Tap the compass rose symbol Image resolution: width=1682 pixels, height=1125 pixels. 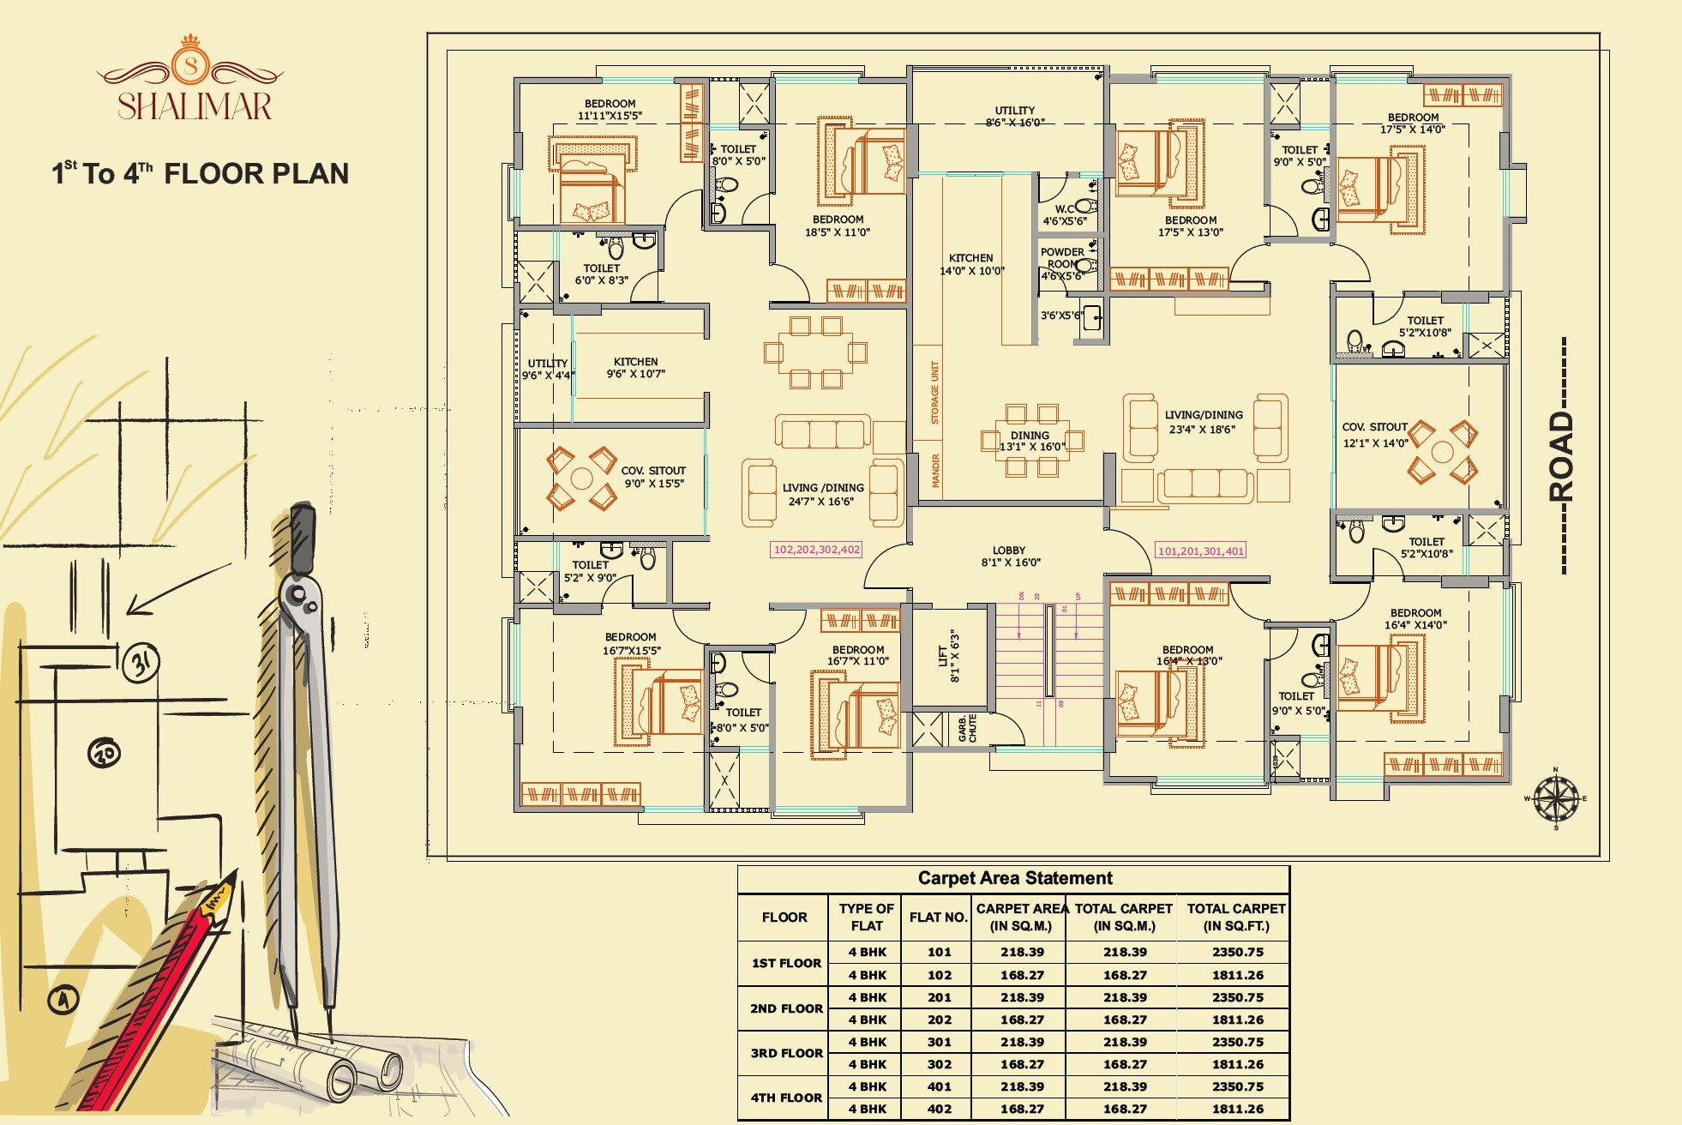[1555, 798]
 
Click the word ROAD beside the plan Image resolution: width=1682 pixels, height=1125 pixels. [1562, 455]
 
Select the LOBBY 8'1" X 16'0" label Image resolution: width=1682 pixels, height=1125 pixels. [1010, 556]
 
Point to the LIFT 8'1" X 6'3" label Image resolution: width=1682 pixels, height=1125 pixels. [948, 657]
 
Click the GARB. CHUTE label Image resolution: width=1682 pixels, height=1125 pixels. [968, 729]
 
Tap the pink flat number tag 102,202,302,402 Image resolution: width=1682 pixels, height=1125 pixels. [816, 550]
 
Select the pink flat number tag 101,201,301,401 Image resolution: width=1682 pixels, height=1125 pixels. [1200, 551]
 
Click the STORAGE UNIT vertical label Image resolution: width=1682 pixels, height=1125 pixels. [935, 393]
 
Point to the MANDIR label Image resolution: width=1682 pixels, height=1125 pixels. [935, 471]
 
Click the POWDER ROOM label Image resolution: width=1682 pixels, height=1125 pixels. [1062, 258]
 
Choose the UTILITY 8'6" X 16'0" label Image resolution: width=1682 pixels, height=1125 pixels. [1015, 117]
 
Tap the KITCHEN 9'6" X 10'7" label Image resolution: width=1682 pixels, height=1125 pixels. [635, 368]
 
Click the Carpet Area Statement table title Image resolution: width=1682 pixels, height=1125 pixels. [1015, 878]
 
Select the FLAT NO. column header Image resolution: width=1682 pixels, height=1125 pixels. [939, 917]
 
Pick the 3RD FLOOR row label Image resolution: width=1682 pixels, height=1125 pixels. [786, 1053]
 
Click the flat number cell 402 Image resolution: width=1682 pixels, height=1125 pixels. [939, 1109]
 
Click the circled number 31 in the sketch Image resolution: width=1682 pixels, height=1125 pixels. [141, 663]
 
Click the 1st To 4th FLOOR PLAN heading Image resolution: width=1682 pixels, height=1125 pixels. [201, 174]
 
